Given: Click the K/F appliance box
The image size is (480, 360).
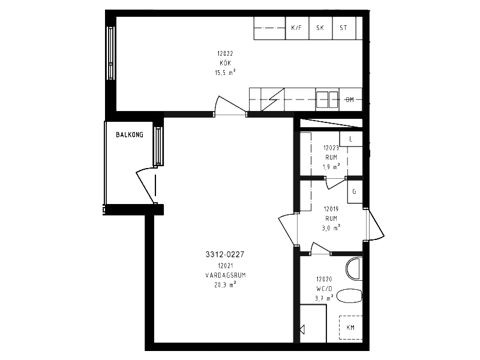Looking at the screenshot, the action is (297, 28).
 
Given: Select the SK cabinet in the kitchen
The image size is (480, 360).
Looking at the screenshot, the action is (320, 28).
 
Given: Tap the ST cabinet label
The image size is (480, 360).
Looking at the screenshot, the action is (343, 28).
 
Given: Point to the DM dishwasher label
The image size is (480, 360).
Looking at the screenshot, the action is (350, 100).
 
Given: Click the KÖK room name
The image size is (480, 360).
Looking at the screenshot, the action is (226, 63).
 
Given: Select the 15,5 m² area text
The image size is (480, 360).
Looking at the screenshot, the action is (225, 73).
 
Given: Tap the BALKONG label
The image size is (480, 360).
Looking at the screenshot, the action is (130, 134).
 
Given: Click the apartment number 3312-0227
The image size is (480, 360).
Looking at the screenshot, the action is (225, 254).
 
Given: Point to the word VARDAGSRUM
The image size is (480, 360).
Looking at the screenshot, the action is (226, 275).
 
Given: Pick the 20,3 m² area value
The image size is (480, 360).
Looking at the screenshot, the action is (225, 284).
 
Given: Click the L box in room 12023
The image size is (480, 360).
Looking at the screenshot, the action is (351, 139).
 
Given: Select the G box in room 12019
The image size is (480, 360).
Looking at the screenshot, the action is (355, 191).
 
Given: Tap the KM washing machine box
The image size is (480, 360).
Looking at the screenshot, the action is (351, 328).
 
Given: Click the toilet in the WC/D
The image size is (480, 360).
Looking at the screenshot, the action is (350, 296).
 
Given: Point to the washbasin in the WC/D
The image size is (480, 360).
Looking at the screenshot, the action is (354, 269).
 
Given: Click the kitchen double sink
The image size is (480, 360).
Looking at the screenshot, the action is (328, 100).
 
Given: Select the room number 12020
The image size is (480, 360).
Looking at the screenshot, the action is (324, 279).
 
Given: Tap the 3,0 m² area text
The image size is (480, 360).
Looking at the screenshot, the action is (331, 228).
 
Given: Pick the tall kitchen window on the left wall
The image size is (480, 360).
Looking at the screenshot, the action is (110, 53).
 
